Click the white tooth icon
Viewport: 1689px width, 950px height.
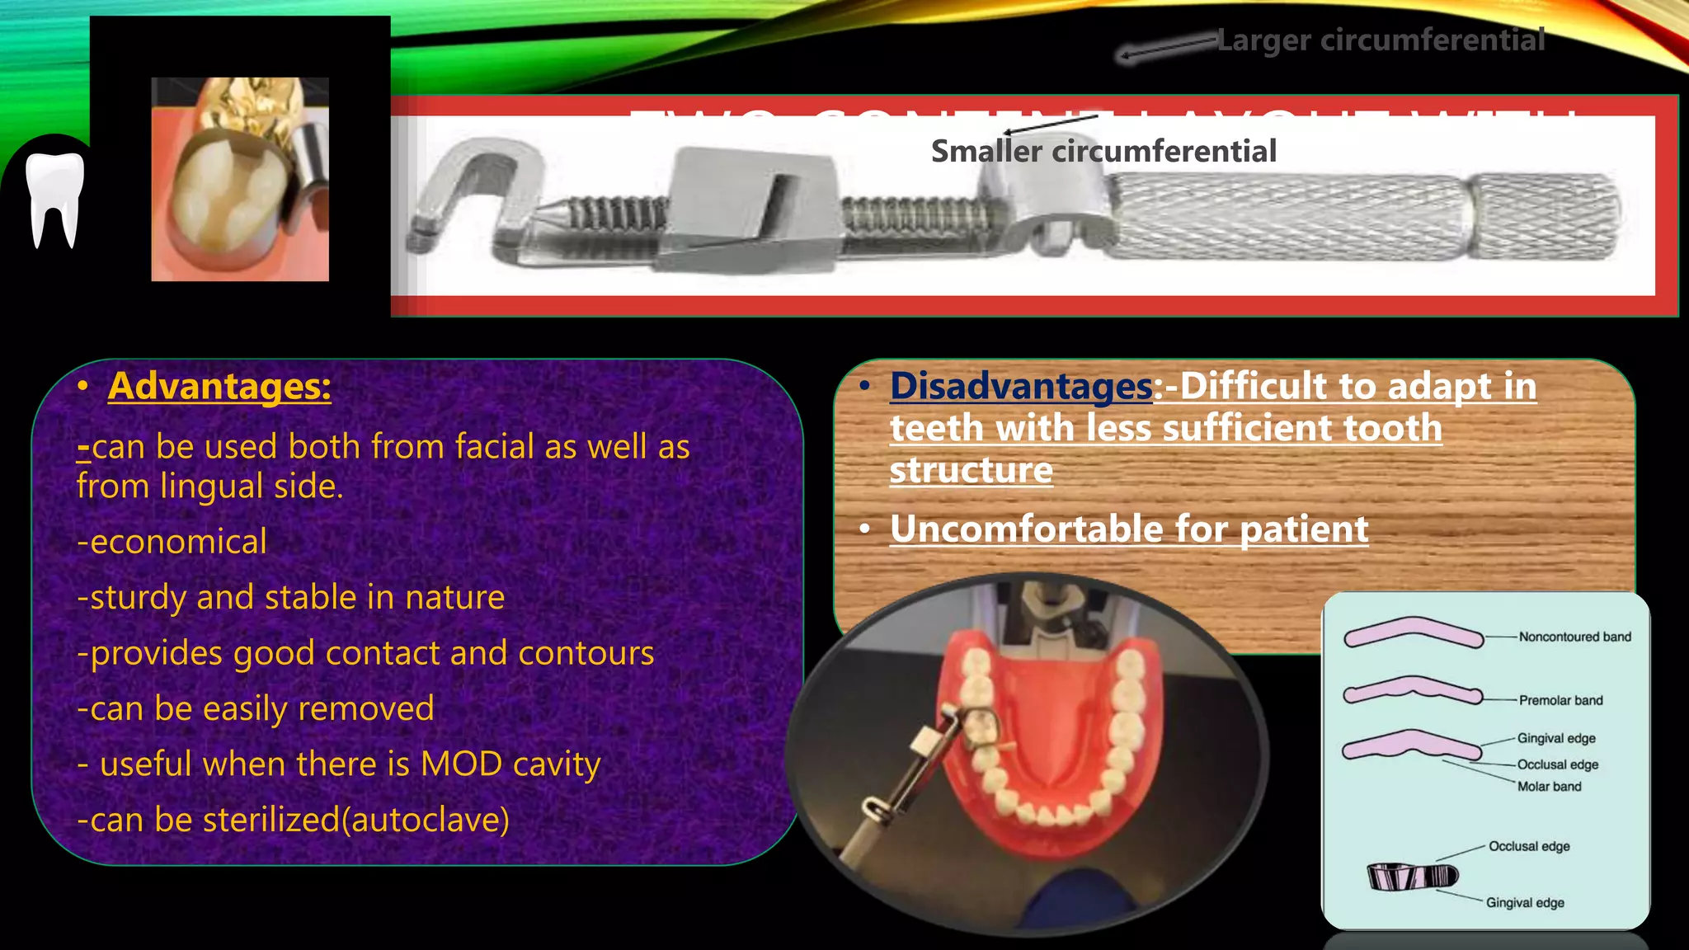[54, 198]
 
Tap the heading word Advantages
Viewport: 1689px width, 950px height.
[219, 386]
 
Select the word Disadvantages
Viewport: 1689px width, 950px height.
[1020, 386]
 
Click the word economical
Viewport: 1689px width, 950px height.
[177, 542]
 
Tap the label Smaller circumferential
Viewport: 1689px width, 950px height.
[1103, 152]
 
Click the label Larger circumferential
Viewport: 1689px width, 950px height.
[1381, 40]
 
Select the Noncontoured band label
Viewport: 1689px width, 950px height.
[1574, 637]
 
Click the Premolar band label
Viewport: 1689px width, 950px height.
[1560, 700]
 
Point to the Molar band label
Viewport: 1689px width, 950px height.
[1549, 787]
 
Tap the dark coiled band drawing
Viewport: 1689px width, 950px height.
[1412, 876]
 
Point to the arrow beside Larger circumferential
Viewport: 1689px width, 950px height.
[1166, 48]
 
